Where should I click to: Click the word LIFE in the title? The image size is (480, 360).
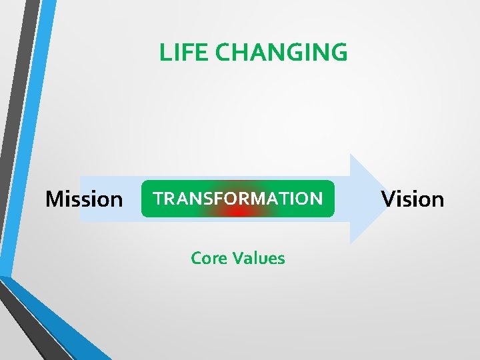point(177,52)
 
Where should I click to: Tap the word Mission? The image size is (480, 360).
point(84,199)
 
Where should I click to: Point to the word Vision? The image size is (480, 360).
point(413,199)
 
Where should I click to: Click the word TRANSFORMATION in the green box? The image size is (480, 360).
point(238,198)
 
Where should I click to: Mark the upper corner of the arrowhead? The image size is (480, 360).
point(351,155)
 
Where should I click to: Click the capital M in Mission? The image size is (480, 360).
point(55,199)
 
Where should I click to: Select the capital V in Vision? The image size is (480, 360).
point(388,199)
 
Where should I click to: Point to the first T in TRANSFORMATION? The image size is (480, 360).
point(159,198)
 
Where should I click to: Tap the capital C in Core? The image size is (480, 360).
point(197,258)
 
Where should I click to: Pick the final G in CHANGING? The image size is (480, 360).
point(339,52)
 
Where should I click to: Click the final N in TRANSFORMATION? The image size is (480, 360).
point(316,198)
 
